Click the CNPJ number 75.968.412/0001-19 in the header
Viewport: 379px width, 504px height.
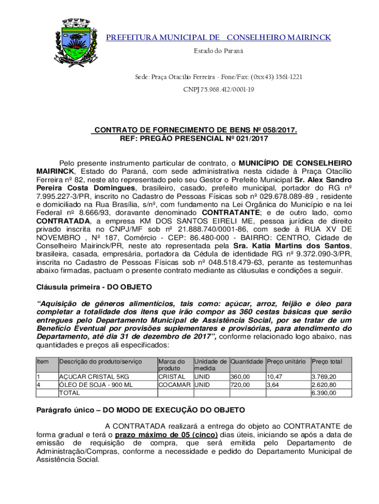point(219,90)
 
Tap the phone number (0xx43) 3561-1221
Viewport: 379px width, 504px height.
point(277,77)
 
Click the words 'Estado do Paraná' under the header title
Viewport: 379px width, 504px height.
point(219,51)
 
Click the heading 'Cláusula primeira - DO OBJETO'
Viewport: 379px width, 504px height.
point(95,286)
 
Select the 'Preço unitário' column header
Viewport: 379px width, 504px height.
point(286,361)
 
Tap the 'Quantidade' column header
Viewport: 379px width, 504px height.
point(247,361)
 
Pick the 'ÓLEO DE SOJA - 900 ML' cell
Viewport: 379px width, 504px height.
point(96,385)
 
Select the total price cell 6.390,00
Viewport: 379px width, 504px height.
point(324,393)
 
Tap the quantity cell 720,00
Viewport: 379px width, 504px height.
point(240,385)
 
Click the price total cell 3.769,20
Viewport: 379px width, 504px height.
point(324,377)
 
